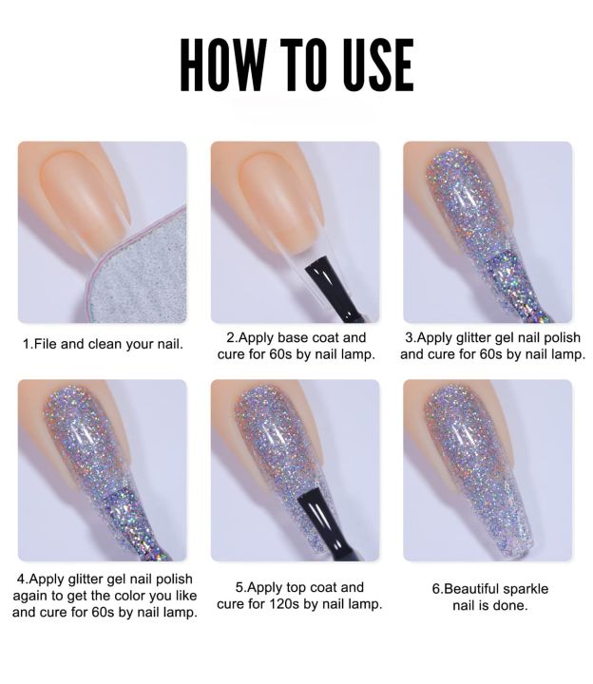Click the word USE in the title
373,66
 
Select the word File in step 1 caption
50,343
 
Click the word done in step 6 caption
510,605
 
